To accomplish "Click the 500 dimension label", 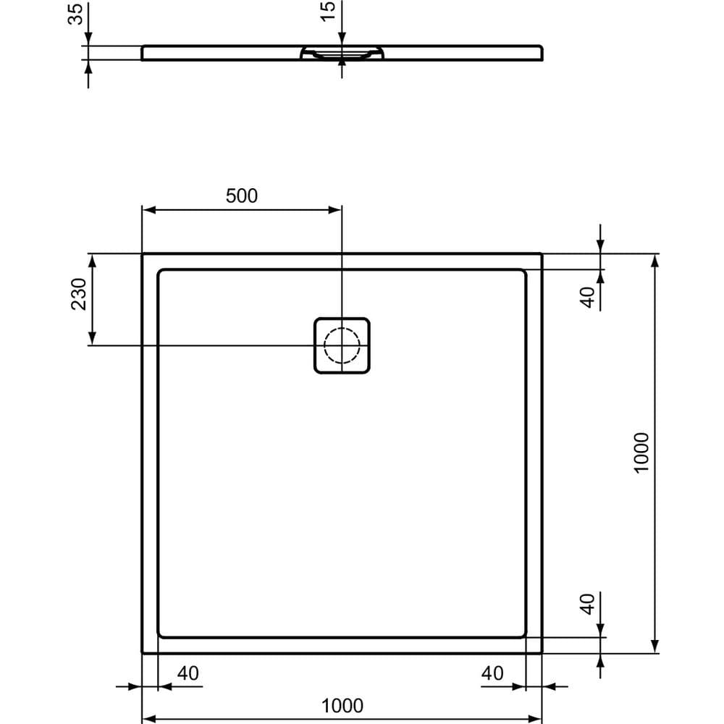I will tap(242, 195).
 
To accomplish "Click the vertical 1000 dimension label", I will tap(642, 452).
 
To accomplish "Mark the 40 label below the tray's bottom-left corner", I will tap(188, 673).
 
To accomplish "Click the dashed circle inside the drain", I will tap(341, 345).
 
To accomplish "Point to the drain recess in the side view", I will tap(341, 53).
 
